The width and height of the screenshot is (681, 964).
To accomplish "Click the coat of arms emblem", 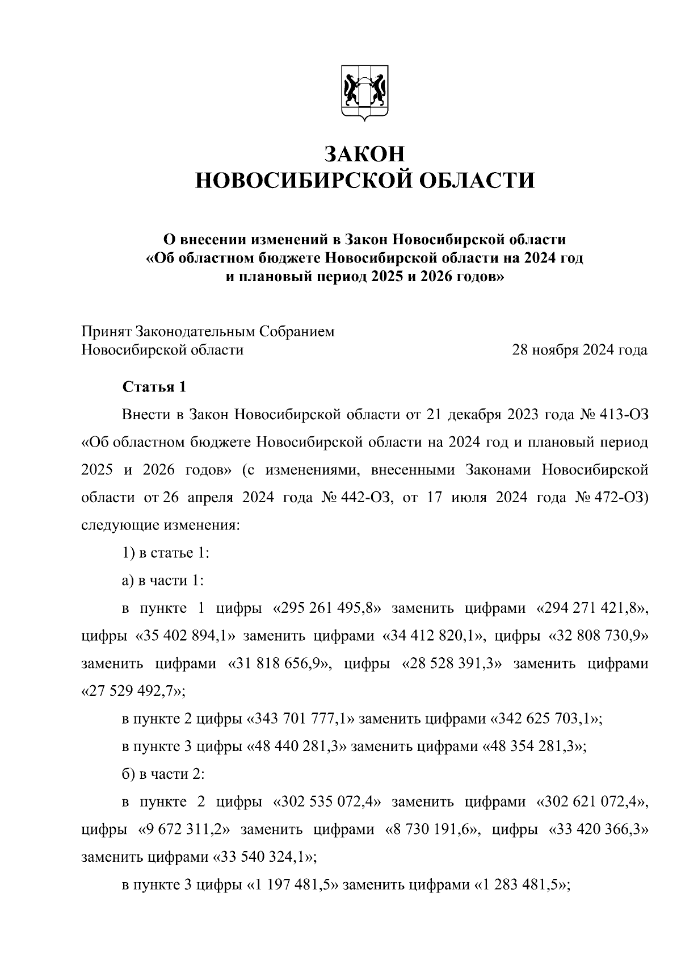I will click(x=364, y=93).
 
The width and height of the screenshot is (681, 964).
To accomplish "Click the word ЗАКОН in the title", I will click(x=364, y=154).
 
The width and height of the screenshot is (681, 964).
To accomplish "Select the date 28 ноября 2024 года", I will click(x=579, y=350).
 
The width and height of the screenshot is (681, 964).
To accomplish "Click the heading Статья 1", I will click(x=154, y=387).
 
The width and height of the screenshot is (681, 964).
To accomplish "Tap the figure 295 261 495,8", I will click(x=327, y=608).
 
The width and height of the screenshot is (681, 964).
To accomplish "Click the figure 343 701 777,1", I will click(x=301, y=719).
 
